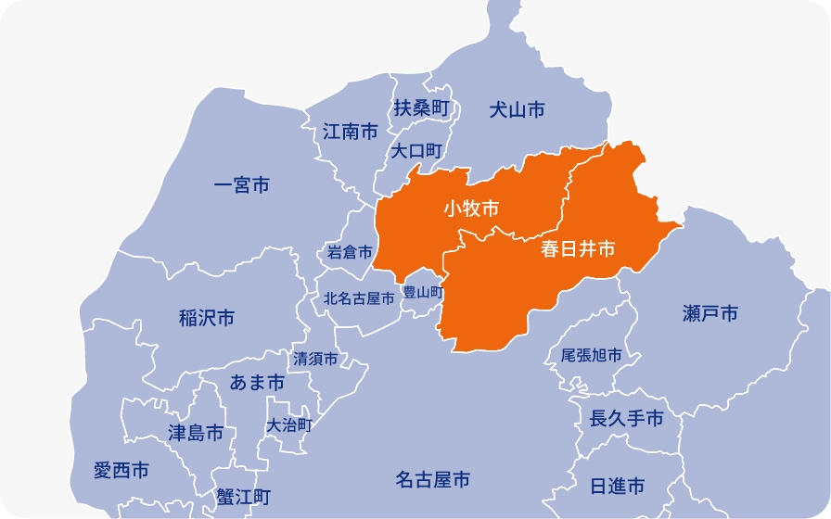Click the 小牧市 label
471,208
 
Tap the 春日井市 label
579,249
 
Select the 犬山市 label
517,110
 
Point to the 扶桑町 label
421,108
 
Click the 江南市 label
351,132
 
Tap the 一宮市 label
241,186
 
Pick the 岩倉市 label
350,252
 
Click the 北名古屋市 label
359,298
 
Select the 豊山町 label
422,292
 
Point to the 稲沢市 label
207,319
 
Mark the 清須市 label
314,359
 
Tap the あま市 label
257,382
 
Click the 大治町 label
288,425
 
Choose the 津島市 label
196,433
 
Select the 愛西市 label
121,471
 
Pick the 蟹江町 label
242,496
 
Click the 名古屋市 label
432,480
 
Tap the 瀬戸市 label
710,314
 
